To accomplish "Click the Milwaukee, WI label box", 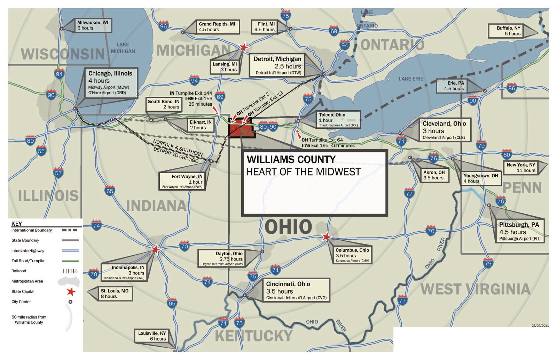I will pos(93,25).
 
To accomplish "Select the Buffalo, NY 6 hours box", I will pos(509,31).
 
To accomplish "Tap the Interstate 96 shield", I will pos(163,26).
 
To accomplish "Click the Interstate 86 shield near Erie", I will pos(511,88).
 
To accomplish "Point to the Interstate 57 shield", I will pos(58,173).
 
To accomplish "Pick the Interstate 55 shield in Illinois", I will pos(41,151).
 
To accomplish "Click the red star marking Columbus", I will pos(326,237).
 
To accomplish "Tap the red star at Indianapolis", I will pos(156,249).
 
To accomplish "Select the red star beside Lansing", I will pos(244,47).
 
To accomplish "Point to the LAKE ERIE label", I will pos(411,79).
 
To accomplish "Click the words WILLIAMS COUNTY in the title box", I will pos(291,160).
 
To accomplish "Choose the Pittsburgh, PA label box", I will pos(519,231).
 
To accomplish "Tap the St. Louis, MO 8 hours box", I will pos(115,294).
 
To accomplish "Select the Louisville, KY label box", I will pos(152,336).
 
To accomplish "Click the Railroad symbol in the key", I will pos(70,271).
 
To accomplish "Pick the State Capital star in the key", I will pos(71,291).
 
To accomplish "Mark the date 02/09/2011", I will pos(540,326).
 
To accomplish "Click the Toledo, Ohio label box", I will pos(338,120).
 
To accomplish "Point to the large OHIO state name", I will pos(288,227).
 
